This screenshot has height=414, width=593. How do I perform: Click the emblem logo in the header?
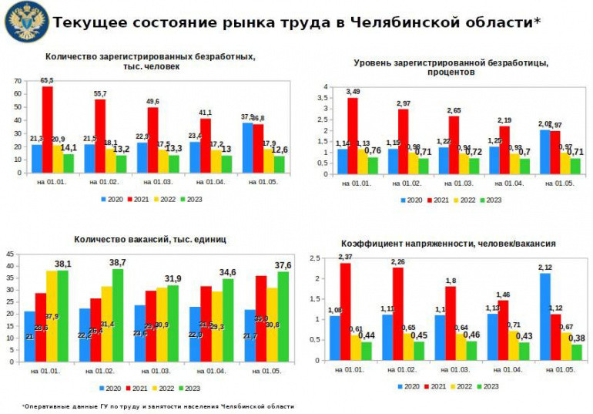pyautogui.click(x=26, y=22)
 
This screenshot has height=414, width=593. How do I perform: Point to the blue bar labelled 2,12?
pyautogui.click(x=545, y=317)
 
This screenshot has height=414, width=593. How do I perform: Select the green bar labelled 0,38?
pyautogui.click(x=577, y=352)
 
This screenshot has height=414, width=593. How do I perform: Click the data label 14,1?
pyautogui.click(x=69, y=147)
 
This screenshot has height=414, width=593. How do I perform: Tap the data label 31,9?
pyautogui.click(x=173, y=278)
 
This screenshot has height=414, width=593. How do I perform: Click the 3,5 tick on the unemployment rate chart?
pyautogui.click(x=326, y=98)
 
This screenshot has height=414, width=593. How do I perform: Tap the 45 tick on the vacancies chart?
pyautogui.click(x=10, y=254)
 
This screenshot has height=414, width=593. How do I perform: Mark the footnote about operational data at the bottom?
pyautogui.click(x=158, y=406)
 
